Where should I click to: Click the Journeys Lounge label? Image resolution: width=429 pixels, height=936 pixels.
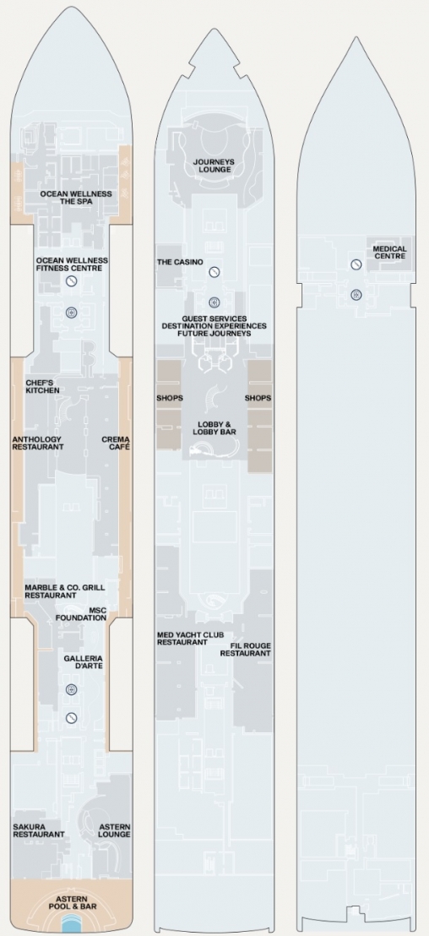click(x=214, y=166)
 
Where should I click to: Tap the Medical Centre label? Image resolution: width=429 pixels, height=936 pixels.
click(x=390, y=253)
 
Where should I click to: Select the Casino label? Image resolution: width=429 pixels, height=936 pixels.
click(x=180, y=262)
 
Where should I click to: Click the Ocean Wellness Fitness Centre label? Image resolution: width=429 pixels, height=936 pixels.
click(x=72, y=264)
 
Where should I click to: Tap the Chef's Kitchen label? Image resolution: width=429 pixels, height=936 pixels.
click(x=42, y=386)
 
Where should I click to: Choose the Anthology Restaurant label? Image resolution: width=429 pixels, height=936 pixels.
click(x=38, y=443)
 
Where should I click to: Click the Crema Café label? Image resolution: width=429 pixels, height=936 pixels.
click(x=116, y=443)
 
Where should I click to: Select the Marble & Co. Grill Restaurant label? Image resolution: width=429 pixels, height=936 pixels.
click(x=64, y=591)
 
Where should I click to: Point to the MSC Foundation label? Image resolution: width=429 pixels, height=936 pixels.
click(x=81, y=613)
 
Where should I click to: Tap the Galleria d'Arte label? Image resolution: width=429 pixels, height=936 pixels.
click(x=84, y=662)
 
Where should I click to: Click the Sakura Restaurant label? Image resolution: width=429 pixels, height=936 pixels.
click(x=39, y=830)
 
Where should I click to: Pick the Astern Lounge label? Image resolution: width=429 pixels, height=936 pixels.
click(x=115, y=830)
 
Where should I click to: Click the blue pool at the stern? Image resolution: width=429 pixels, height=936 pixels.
click(x=71, y=926)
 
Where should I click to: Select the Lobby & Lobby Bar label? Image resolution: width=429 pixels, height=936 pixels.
click(x=214, y=427)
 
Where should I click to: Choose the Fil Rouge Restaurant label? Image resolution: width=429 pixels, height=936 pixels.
click(x=245, y=650)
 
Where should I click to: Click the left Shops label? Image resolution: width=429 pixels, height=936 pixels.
click(x=170, y=398)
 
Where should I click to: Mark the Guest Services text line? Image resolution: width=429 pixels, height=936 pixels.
click(x=214, y=318)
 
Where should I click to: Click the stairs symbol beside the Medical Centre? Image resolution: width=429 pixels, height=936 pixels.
click(x=356, y=264)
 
